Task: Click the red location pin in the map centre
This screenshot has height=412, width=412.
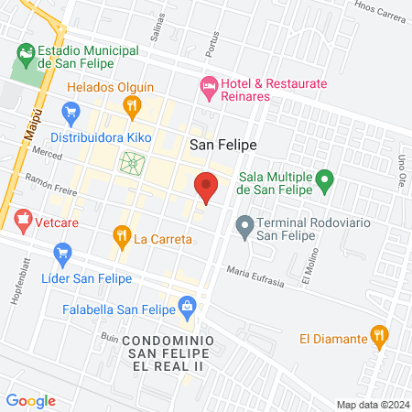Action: click(207, 187)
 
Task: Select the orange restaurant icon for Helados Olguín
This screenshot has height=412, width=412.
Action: click(133, 106)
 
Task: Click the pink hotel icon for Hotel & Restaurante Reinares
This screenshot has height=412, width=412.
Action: click(208, 89)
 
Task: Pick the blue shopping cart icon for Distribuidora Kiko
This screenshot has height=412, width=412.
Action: click(70, 114)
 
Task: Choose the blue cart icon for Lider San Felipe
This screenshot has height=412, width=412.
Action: click(63, 253)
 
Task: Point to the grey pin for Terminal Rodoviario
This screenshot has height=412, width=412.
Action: click(244, 224)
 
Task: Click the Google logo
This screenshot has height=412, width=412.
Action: click(30, 400)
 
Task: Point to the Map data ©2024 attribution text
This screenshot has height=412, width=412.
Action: click(372, 405)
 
